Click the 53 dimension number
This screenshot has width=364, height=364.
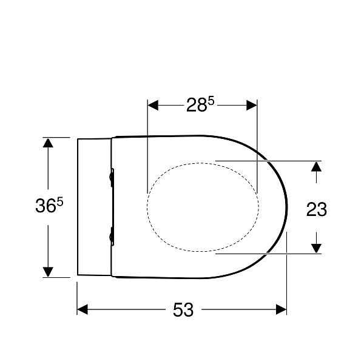(183, 309)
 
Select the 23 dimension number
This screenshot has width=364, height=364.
(317, 209)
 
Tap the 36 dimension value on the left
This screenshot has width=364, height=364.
(45, 206)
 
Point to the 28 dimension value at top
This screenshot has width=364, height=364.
(197, 105)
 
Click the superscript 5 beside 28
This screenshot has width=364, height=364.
(211, 101)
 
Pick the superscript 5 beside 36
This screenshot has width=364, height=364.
(60, 202)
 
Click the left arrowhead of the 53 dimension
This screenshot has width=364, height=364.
(83, 309)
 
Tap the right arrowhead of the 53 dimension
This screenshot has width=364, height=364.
(281, 309)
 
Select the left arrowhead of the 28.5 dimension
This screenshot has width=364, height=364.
(153, 105)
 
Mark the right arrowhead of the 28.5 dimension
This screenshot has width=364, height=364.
(252, 105)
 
